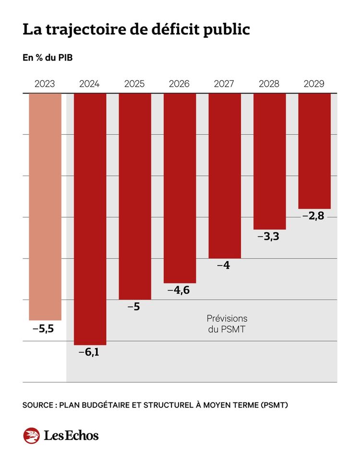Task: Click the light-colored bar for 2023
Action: [x=45, y=206]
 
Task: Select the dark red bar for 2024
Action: [x=90, y=219]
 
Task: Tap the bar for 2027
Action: [x=225, y=176]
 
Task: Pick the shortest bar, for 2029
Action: [x=314, y=151]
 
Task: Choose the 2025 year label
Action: [x=135, y=84]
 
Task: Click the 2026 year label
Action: [x=180, y=84]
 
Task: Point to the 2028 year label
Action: [x=269, y=84]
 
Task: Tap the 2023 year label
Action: [x=45, y=84]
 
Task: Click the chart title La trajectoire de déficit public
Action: [x=136, y=30]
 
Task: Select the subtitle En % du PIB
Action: [x=48, y=58]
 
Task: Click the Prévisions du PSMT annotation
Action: [x=227, y=324]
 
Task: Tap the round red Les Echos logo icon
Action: [x=31, y=435]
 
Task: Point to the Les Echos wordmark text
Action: [x=71, y=435]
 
